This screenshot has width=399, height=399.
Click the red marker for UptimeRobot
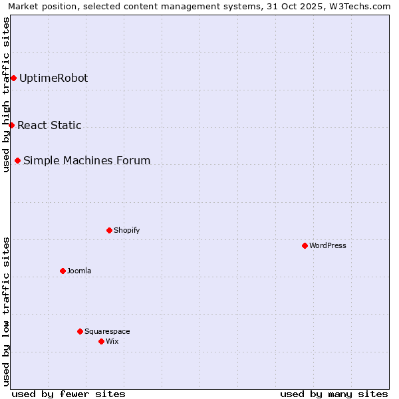pyautogui.click(x=13, y=78)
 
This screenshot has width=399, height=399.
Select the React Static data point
pyautogui.click(x=11, y=125)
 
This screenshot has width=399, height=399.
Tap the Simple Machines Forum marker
pyautogui.click(x=17, y=160)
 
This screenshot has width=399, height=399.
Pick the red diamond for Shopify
pyautogui.click(x=109, y=230)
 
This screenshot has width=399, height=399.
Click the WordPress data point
pyautogui.click(x=305, y=245)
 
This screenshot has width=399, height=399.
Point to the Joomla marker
pyautogui.click(x=63, y=271)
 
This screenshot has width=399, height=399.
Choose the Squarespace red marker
pyautogui.click(x=80, y=331)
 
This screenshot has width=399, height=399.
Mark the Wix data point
pyautogui.click(x=101, y=341)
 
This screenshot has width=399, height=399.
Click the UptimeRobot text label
pyautogui.click(x=53, y=78)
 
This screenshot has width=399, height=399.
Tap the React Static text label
pyautogui.click(x=49, y=126)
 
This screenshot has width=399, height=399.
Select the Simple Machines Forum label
pyautogui.click(x=86, y=161)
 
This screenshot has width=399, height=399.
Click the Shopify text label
pyautogui.click(x=126, y=231)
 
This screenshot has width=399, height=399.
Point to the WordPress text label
pyautogui.click(x=328, y=246)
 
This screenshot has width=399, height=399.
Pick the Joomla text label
pyautogui.click(x=79, y=271)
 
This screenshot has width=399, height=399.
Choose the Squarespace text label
pyautogui.click(x=107, y=332)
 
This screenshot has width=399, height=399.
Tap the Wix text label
pyautogui.click(x=112, y=342)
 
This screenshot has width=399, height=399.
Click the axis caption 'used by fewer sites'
pyautogui.click(x=68, y=394)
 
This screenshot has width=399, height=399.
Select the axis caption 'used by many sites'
pyautogui.click(x=334, y=394)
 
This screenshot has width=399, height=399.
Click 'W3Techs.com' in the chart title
pyautogui.click(x=361, y=7)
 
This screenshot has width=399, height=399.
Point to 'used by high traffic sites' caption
pyautogui.click(x=7, y=94)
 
